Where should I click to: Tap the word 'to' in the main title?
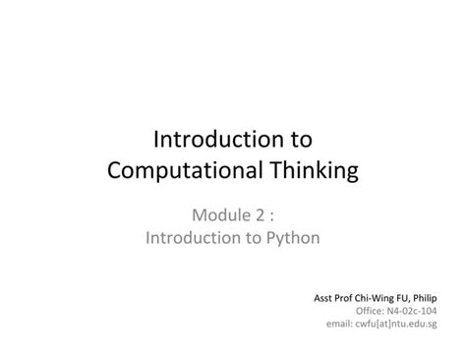click(300, 140)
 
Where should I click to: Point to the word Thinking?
click(306, 170)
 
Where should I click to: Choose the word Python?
click(292, 238)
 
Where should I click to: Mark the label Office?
click(370, 311)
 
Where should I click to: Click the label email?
click(341, 324)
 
